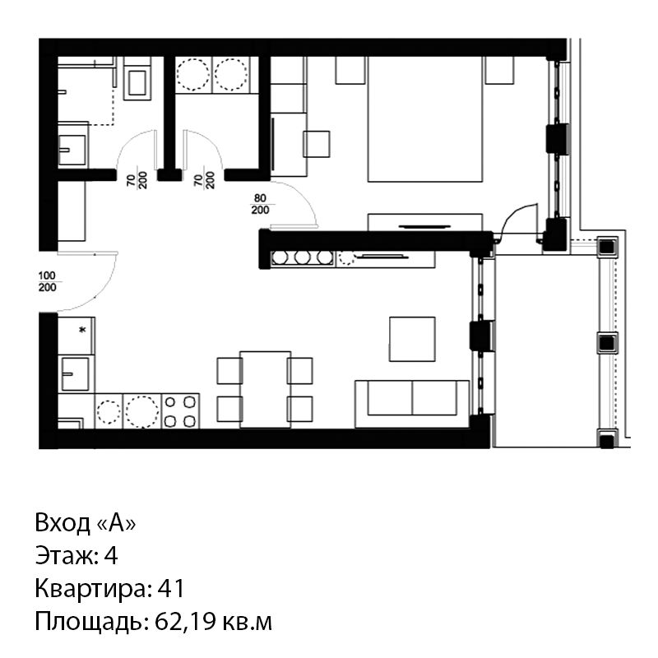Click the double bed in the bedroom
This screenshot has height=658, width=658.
point(425,118)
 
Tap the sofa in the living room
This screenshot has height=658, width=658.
point(412,404)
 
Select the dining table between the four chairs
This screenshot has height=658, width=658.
point(265,389)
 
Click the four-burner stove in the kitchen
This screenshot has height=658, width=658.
point(180,410)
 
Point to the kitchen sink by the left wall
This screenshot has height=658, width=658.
point(76,373)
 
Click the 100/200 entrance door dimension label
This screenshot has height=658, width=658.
point(47,281)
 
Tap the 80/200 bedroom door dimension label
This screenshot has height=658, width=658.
point(260,204)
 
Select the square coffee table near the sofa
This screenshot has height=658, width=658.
point(412,339)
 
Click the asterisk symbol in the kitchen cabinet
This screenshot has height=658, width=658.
point(82,330)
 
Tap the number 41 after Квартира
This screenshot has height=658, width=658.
point(171,588)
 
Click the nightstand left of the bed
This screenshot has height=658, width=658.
point(350,70)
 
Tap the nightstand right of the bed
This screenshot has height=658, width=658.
point(499,70)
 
